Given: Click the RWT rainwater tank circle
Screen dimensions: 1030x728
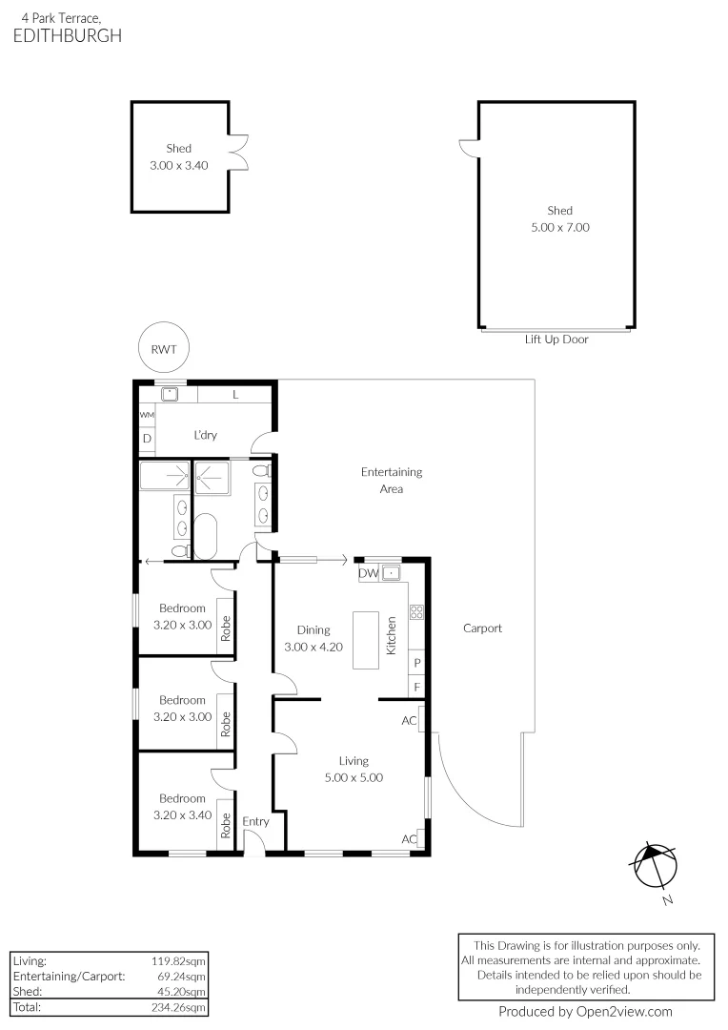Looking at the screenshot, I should (x=163, y=349).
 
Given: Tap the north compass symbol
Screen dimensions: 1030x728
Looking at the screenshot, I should (x=655, y=868).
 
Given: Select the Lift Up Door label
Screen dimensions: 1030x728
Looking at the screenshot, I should (x=556, y=340).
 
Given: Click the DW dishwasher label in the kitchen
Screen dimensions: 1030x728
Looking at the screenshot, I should (x=368, y=573).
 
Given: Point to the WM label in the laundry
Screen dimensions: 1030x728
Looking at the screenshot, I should (x=147, y=416).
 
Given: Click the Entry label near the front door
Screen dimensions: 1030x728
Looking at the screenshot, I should (x=255, y=821).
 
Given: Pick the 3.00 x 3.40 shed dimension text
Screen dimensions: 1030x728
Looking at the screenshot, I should (x=178, y=165).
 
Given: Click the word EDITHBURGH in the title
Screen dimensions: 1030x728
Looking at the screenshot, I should (x=68, y=35).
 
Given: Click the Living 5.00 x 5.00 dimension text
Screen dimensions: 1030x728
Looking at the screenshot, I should (x=353, y=777).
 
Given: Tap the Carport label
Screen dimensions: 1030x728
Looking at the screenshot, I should (x=482, y=628).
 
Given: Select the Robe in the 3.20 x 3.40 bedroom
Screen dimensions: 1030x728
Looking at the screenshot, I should (x=226, y=824).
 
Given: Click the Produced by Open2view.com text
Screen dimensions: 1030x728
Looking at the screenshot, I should (x=585, y=1012).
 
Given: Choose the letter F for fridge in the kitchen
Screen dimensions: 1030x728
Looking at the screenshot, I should (x=416, y=686).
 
